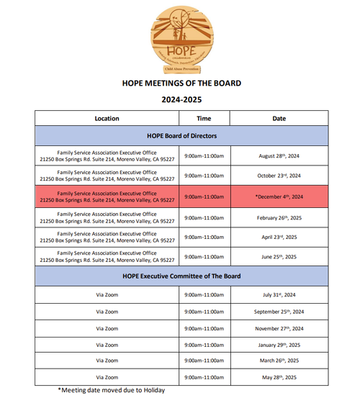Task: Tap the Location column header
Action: click(107, 118)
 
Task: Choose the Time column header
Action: click(204, 118)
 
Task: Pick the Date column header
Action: click(278, 118)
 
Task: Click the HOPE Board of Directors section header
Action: click(181, 135)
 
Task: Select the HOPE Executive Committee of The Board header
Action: click(181, 276)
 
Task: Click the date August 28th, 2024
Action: click(278, 155)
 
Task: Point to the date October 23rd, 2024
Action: click(278, 176)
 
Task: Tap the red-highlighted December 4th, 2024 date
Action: click(279, 196)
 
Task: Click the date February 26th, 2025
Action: click(278, 217)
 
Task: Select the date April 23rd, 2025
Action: click(278, 237)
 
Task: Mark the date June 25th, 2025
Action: click(278, 257)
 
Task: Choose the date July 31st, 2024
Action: click(278, 294)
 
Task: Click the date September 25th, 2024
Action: click(278, 311)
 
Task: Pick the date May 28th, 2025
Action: click(278, 376)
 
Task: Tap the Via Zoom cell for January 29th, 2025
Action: click(107, 344)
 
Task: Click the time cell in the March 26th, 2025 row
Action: click(204, 361)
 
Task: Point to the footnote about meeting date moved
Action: click(112, 390)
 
